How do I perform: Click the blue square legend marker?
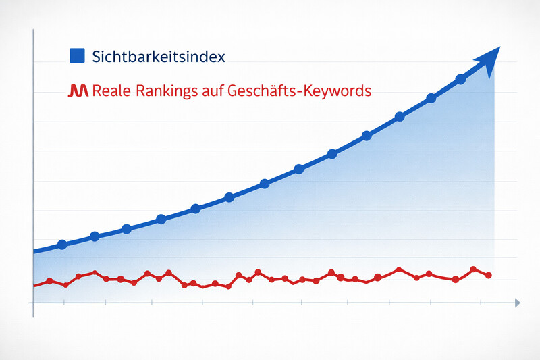(x=76, y=56)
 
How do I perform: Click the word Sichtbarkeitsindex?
(x=158, y=56)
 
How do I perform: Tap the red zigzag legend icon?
(x=78, y=91)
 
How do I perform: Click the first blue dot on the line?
(x=62, y=245)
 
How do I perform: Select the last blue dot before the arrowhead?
(x=461, y=79)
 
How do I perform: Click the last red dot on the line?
(x=489, y=275)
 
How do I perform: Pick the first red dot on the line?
(x=49, y=281)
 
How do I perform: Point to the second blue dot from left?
(x=94, y=236)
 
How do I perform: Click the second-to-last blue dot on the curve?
(x=431, y=99)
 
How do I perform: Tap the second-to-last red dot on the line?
(x=473, y=269)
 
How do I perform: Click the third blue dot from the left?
(x=126, y=229)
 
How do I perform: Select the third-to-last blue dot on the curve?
(x=400, y=117)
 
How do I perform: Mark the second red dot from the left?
(x=65, y=285)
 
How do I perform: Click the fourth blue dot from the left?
(x=161, y=219)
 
